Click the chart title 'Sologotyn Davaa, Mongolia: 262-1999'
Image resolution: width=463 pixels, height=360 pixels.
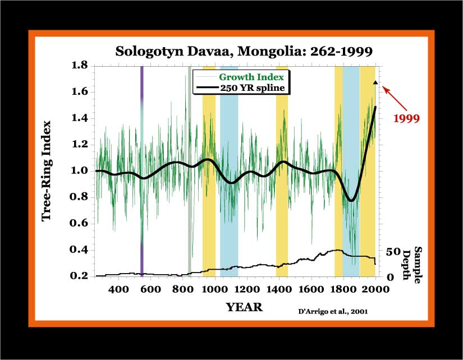click(244, 52)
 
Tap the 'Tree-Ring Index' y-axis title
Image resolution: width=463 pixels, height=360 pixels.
click(47, 171)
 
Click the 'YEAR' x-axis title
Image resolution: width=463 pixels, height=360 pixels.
click(244, 307)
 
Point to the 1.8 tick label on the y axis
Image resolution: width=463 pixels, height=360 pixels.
click(80, 65)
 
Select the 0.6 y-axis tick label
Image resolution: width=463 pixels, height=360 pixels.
click(79, 223)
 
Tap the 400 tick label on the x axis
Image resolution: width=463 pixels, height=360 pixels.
click(118, 289)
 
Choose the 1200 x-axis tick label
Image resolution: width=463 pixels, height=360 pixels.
click(247, 289)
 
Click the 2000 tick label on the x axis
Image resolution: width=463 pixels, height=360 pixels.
click(375, 289)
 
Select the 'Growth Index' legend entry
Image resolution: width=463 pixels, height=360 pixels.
click(251, 77)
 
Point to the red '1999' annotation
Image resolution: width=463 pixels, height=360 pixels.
click(406, 119)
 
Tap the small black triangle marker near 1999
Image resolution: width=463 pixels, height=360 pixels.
click(375, 82)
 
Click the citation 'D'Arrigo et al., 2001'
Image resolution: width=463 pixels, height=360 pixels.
click(333, 312)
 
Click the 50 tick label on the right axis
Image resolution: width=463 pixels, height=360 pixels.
click(393, 252)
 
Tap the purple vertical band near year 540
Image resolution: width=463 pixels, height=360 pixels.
click(142, 171)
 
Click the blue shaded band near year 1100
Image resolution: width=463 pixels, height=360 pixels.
click(229, 171)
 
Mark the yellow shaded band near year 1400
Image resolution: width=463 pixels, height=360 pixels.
click(282, 171)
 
